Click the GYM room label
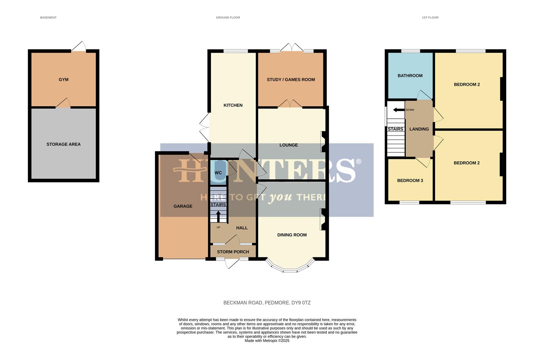point(63,80)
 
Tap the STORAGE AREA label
point(63,144)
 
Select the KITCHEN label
point(233,105)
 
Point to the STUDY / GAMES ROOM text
point(291,80)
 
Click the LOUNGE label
point(289,145)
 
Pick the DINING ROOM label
point(292,235)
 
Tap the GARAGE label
point(183,206)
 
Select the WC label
point(218,173)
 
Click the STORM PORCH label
point(233,252)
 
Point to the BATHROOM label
point(410,76)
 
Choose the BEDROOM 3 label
point(410,180)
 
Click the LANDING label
point(419,129)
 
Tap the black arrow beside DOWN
point(399,110)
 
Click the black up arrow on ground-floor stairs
point(218,216)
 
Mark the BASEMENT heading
point(48,17)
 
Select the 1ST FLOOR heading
point(430,17)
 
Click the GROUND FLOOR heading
point(228,17)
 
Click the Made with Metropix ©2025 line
point(267,341)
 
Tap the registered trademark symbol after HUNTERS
point(359,162)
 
